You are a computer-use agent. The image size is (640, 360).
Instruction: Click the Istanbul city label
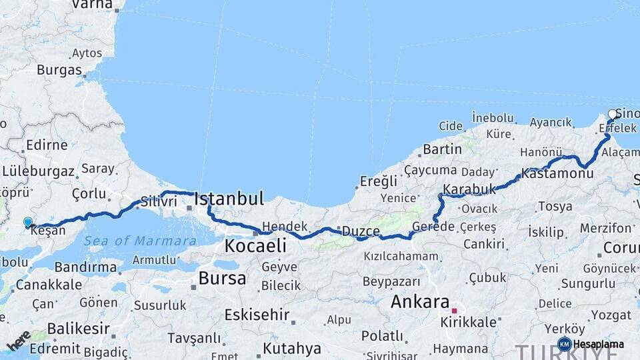pyautogui.click(x=229, y=199)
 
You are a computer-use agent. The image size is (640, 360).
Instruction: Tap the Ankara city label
pyautogui.click(x=420, y=301)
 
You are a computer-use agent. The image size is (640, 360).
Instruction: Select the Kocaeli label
pyautogui.click(x=255, y=246)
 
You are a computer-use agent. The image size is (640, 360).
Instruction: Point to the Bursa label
pyautogui.click(x=222, y=278)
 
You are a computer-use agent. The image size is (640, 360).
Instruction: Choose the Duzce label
pyautogui.click(x=361, y=232)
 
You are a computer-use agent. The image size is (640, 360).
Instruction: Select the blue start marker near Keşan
pyautogui.click(x=27, y=222)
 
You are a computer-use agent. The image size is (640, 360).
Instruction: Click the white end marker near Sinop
pyautogui.click(x=613, y=114)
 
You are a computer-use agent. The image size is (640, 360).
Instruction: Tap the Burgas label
pyautogui.click(x=59, y=70)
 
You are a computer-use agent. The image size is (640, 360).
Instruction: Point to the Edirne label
pyautogui.click(x=47, y=145)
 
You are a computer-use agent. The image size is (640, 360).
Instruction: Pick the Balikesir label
pyautogui.click(x=78, y=329)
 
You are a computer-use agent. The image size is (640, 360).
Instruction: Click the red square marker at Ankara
pyautogui.click(x=454, y=311)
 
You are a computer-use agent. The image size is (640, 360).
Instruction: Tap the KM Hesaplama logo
pyautogui.click(x=591, y=344)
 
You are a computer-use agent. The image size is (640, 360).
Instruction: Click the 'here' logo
pyautogui.click(x=18, y=340)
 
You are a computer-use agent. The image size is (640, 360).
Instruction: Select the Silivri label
pyautogui.click(x=159, y=201)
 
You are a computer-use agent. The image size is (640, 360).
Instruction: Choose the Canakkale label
pyautogui.click(x=49, y=285)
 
